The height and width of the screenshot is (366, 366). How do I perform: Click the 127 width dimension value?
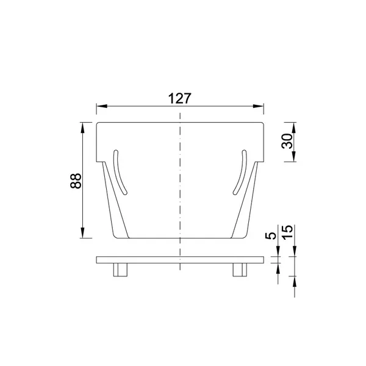(x=180, y=98)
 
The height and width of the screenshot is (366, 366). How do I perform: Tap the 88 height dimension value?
(x=76, y=181)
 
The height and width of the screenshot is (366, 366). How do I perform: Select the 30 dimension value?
(x=287, y=141)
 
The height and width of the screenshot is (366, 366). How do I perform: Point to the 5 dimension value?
(x=270, y=235)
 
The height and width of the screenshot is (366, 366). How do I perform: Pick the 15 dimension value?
(x=287, y=232)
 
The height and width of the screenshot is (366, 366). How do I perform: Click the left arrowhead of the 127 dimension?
(x=102, y=106)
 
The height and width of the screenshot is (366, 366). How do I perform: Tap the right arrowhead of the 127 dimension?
(x=258, y=106)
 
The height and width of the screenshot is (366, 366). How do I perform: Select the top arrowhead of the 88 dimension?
(x=82, y=127)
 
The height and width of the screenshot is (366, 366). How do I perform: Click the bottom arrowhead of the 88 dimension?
(x=82, y=233)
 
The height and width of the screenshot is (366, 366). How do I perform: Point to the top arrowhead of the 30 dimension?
(x=294, y=127)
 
